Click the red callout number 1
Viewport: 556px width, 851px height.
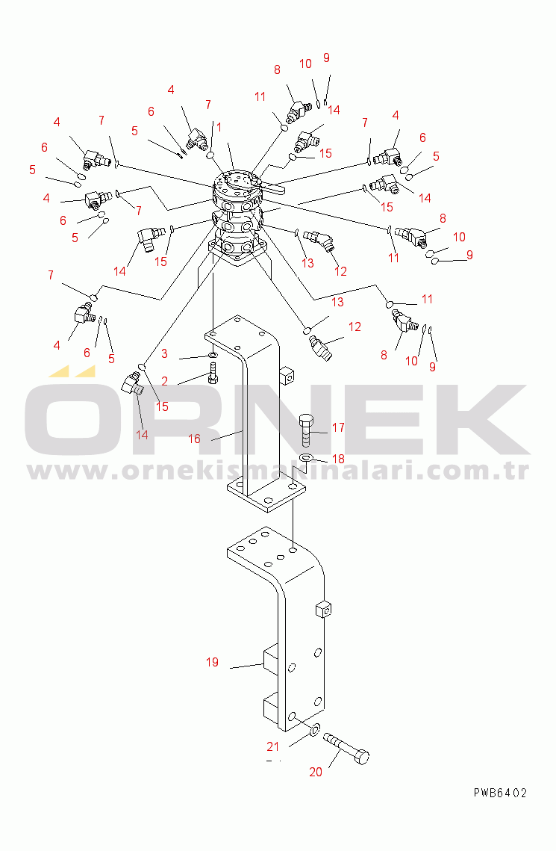[219, 127]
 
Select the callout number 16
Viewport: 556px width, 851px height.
[194, 439]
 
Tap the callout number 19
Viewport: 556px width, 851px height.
[212, 662]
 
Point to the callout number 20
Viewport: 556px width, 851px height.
[316, 772]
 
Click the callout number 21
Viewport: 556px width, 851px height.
[272, 747]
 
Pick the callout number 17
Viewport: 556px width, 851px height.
[338, 427]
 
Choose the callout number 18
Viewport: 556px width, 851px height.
[338, 459]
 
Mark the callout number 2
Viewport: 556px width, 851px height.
[164, 382]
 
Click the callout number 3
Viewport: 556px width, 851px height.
[164, 354]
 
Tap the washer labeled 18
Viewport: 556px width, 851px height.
[306, 459]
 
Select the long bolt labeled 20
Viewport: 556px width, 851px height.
[346, 749]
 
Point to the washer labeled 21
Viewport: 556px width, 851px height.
[314, 731]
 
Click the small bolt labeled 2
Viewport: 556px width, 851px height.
[213, 374]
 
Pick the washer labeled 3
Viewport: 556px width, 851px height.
[213, 355]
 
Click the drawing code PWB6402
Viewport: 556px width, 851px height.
[500, 793]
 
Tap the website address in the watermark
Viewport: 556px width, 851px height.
[278, 471]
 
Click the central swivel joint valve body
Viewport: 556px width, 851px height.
[238, 215]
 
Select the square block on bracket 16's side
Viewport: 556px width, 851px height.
[287, 376]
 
